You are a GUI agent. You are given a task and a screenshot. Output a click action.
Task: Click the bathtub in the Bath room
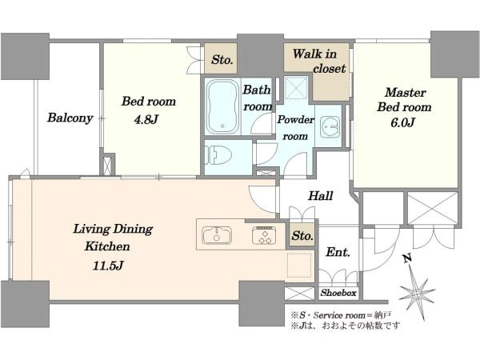tap(222, 106)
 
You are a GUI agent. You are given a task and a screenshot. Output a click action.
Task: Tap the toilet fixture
tap(214, 155)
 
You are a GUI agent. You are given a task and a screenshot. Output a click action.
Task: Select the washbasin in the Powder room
tap(330, 126)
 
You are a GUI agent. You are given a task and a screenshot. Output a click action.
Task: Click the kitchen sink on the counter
tap(217, 235)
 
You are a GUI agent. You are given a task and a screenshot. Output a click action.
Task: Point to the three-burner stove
tap(264, 235)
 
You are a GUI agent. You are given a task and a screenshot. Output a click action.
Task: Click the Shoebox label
tap(338, 293)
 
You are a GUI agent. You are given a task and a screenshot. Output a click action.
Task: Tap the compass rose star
tap(416, 294)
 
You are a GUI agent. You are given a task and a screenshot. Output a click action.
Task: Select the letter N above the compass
tap(406, 259)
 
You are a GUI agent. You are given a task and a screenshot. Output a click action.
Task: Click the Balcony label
tap(70, 118)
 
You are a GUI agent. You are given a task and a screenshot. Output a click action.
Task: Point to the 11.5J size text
tap(108, 266)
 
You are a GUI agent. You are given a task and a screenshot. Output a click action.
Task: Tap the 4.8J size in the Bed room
tap(146, 119)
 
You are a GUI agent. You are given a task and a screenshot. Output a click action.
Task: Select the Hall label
tap(321, 196)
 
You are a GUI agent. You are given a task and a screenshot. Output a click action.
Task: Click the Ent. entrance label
tap(338, 252)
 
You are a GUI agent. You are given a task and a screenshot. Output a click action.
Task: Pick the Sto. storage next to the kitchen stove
tap(302, 235)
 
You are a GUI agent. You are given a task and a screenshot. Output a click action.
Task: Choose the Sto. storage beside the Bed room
tap(221, 59)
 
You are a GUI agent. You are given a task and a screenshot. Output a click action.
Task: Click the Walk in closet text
tap(318, 62)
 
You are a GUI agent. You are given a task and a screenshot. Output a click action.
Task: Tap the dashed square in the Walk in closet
tap(296, 87)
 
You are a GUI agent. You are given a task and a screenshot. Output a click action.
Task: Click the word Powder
tap(295, 120)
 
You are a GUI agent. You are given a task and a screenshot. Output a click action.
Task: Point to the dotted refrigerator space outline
tap(300, 265)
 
